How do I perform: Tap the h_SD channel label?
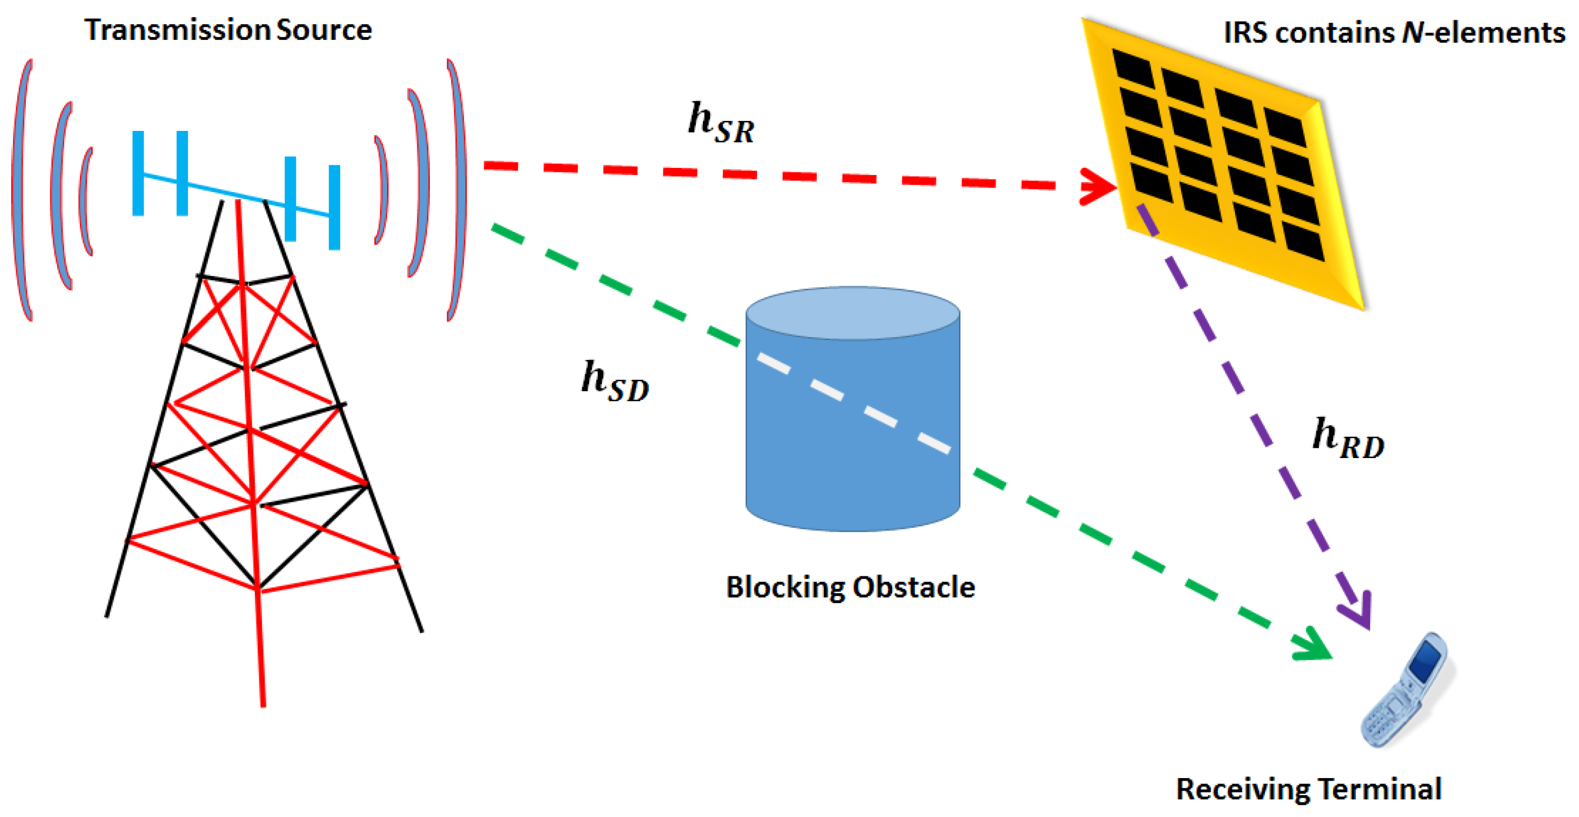pos(615,382)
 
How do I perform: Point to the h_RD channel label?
pos(1348,439)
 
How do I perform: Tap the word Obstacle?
pos(913,587)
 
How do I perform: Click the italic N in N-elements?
pos(1412,32)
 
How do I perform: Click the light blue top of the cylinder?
pos(853,313)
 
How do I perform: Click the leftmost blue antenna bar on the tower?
pos(139,173)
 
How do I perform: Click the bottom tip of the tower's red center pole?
pos(263,704)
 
